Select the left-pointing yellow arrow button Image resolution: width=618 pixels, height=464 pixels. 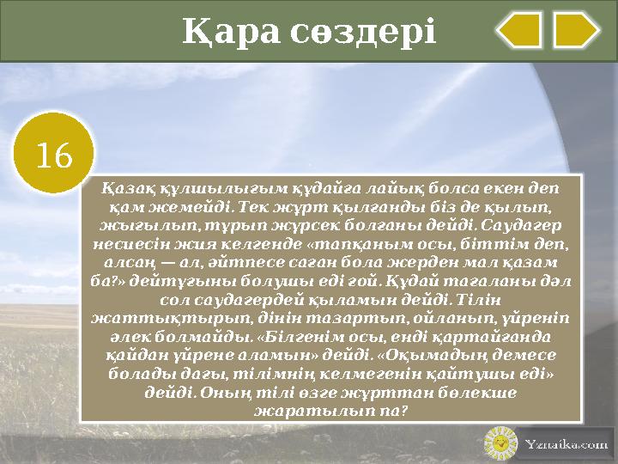[519, 30]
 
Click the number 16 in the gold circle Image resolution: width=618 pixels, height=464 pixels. [54, 155]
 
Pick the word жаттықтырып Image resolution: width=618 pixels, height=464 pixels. [142, 317]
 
